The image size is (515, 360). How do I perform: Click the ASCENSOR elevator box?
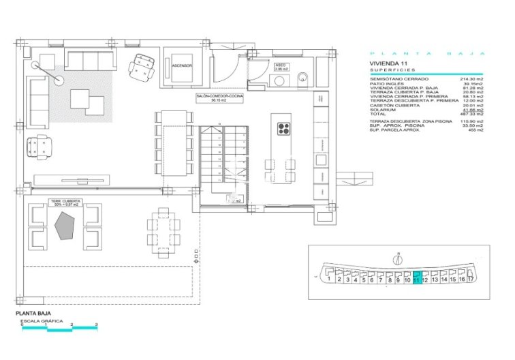pyautogui.click(x=181, y=66)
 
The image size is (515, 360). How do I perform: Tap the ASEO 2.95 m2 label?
pyautogui.click(x=282, y=67)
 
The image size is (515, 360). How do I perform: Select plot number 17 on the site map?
pyautogui.click(x=470, y=279)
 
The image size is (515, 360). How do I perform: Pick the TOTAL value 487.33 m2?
pyautogui.click(x=471, y=114)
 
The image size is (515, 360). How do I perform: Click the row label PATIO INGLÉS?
pyautogui.click(x=386, y=85)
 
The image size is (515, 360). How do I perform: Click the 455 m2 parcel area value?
pyautogui.click(x=476, y=130)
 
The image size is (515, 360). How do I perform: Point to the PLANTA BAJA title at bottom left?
pyautogui.click(x=33, y=314)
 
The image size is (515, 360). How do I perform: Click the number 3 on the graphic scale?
pyautogui.click(x=96, y=324)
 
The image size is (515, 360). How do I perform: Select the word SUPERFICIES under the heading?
pyautogui.click(x=388, y=70)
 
